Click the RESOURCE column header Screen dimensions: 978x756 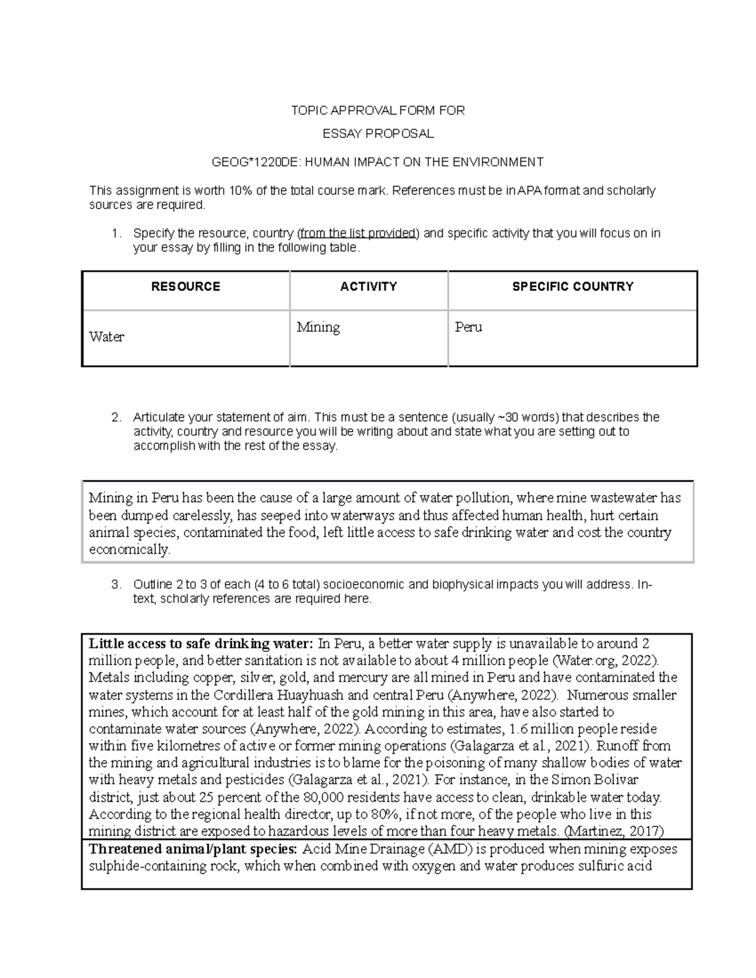[x=185, y=287]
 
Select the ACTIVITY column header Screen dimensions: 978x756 [x=369, y=287]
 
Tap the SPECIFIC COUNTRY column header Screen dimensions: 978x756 [x=572, y=287]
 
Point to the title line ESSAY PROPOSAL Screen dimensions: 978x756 [x=378, y=134]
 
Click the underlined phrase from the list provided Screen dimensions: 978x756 [x=358, y=234]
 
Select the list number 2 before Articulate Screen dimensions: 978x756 [x=116, y=418]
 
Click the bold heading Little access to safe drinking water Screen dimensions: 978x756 [x=200, y=644]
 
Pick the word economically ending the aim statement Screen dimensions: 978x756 [x=129, y=550]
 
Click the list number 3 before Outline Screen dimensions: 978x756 [x=116, y=585]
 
